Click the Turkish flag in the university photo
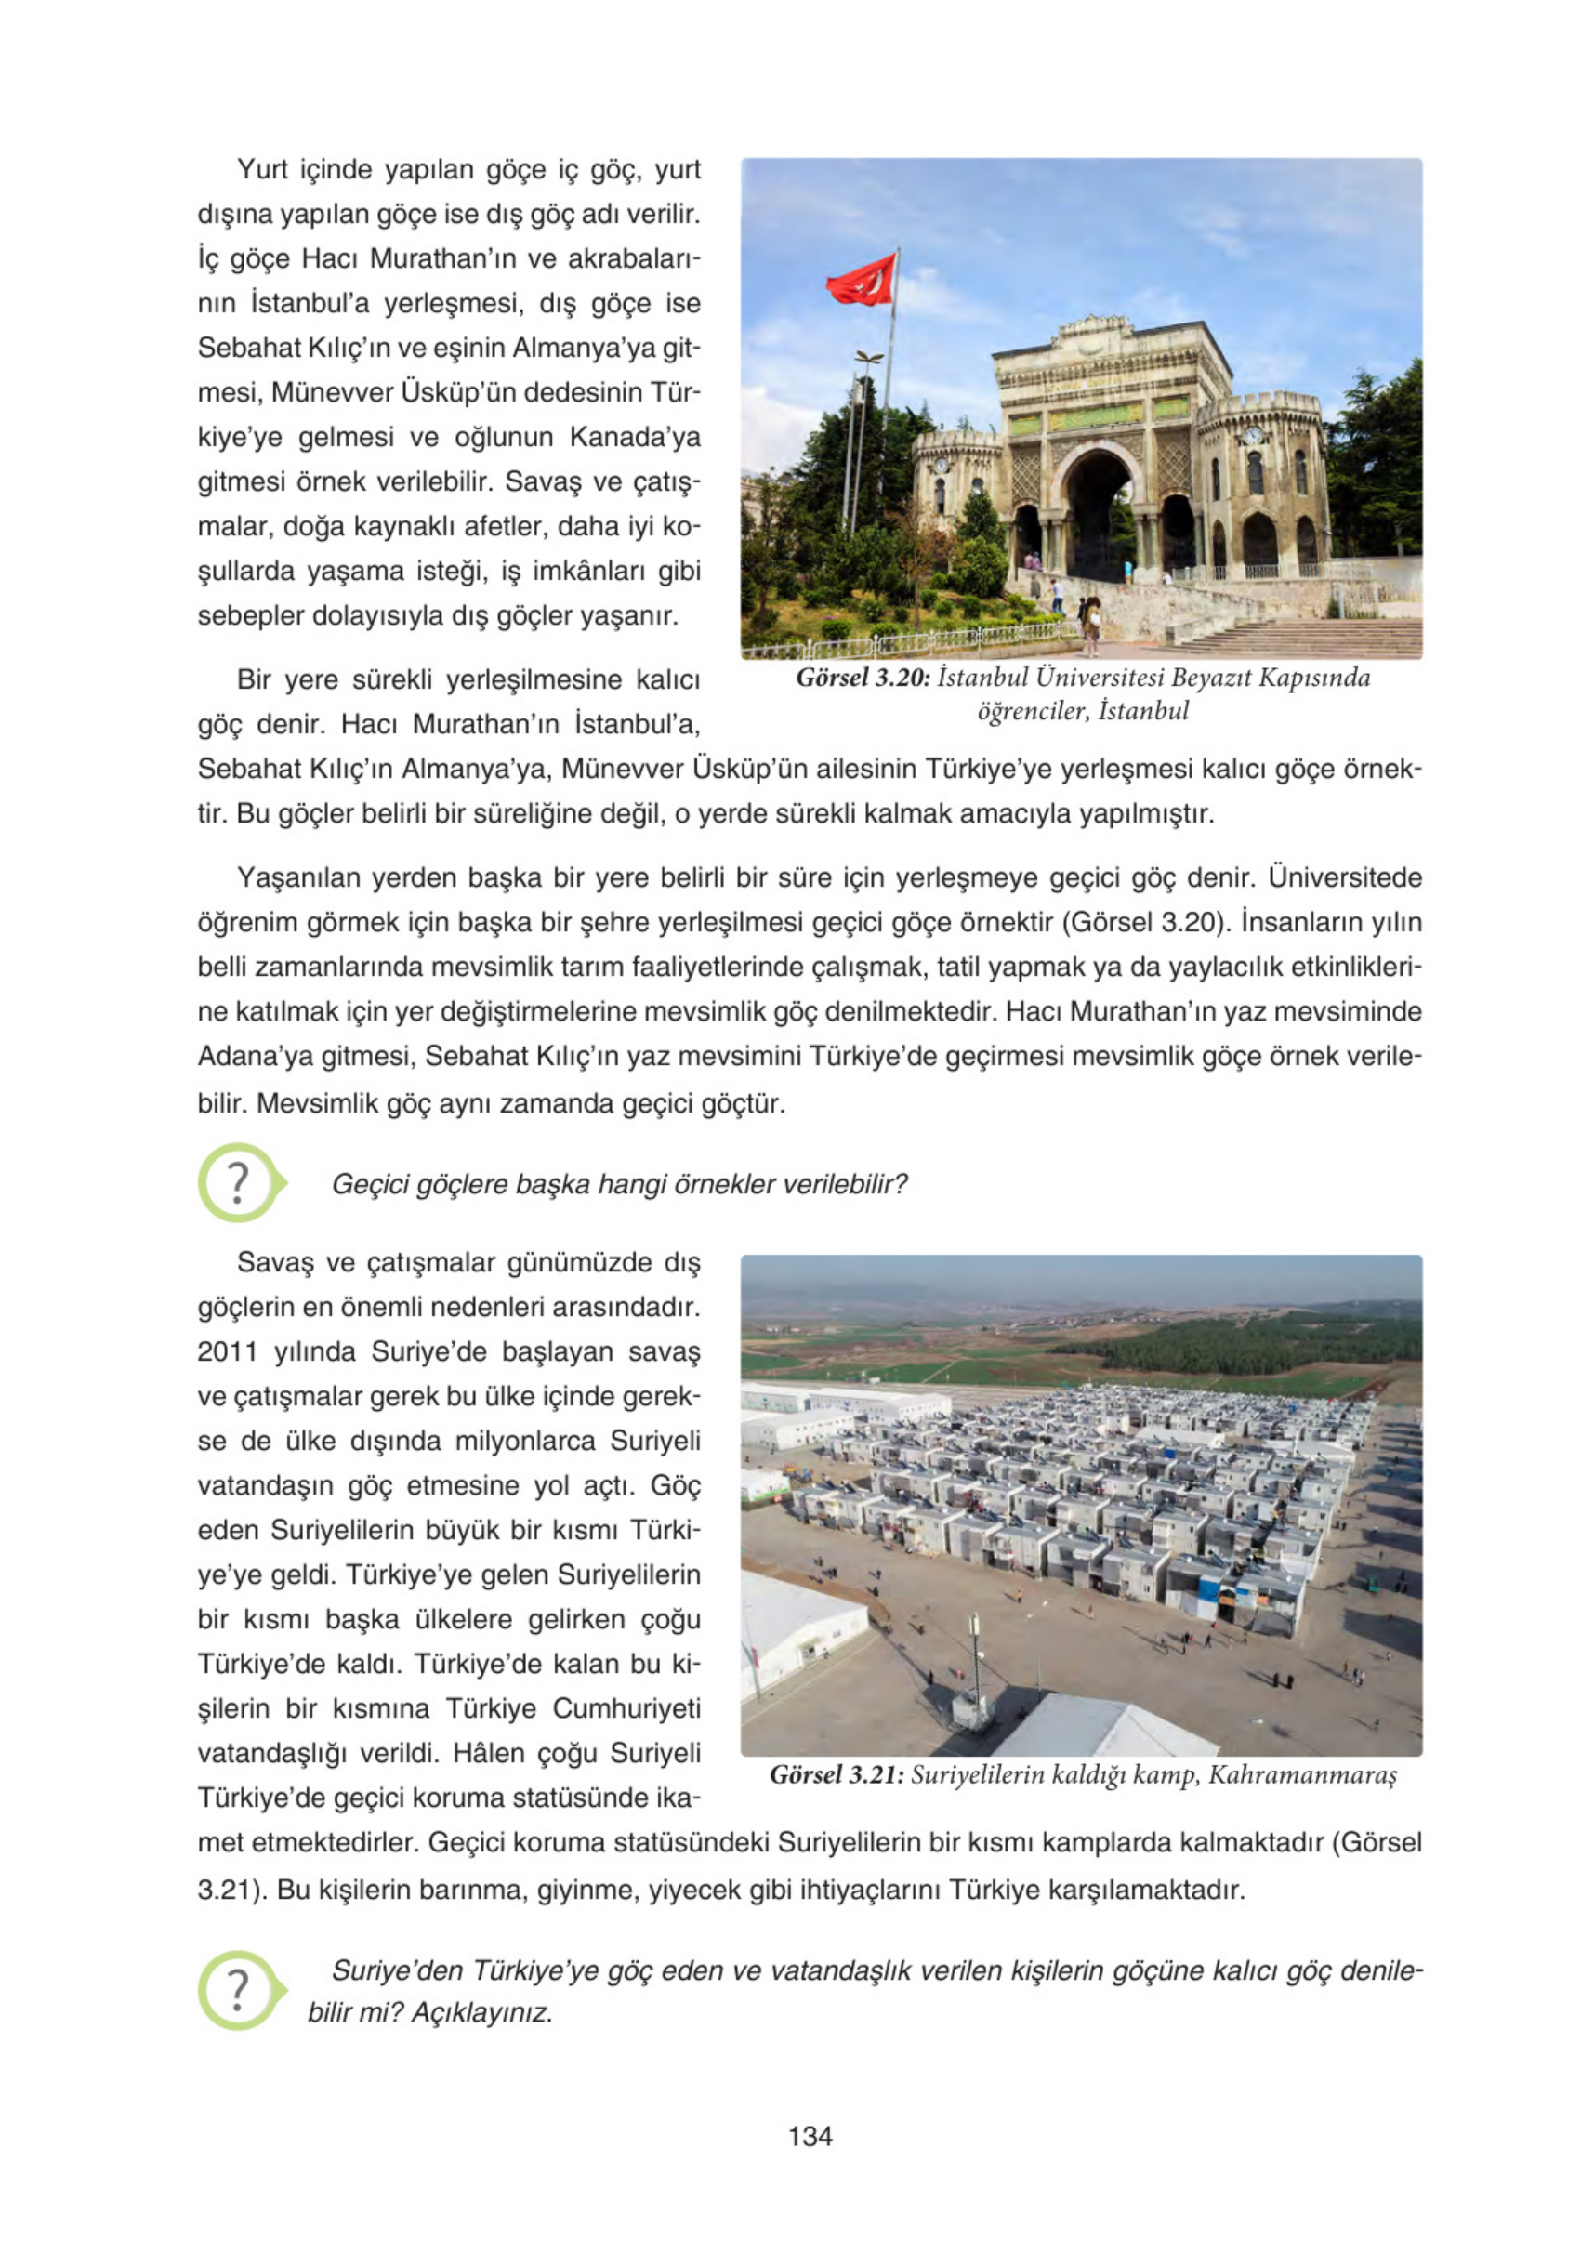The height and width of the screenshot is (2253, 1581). point(862,280)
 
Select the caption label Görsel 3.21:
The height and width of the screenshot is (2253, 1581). point(837,1774)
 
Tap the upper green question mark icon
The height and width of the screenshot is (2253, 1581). point(239,1182)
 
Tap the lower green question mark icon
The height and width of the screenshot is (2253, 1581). point(239,1990)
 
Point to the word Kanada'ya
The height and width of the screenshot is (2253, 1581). point(635,437)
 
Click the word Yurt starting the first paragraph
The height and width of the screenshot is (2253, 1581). point(262,170)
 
